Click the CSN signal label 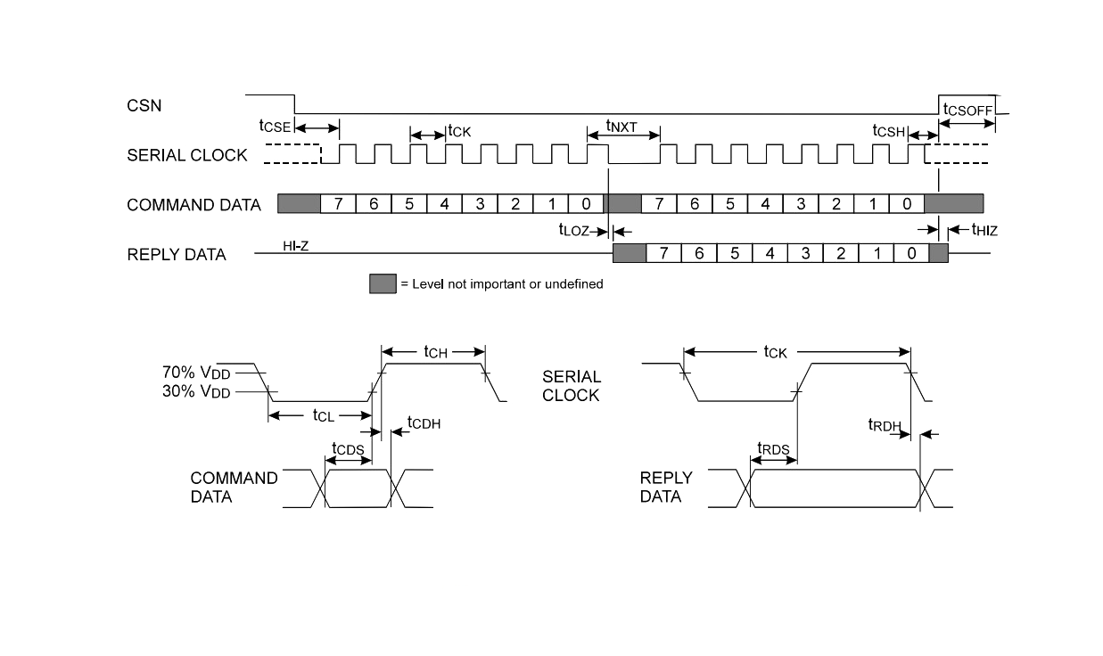click(144, 105)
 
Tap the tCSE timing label click(275, 126)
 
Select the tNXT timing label click(621, 126)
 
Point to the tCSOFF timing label click(967, 110)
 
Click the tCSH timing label click(889, 131)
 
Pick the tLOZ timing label click(573, 230)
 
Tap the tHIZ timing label click(984, 230)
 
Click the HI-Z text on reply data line click(295, 246)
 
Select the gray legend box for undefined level click(383, 284)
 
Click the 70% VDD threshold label click(196, 373)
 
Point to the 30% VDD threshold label click(196, 392)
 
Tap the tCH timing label click(436, 352)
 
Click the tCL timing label click(324, 416)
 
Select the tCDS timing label click(348, 449)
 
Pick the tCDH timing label click(424, 422)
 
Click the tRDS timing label click(773, 449)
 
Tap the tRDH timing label click(885, 425)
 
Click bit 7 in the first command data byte click(338, 204)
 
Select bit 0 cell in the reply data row click(911, 253)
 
